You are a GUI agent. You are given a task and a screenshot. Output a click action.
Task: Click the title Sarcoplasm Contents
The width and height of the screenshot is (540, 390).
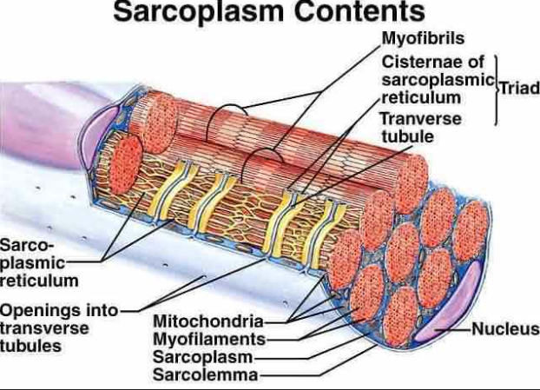click(x=269, y=13)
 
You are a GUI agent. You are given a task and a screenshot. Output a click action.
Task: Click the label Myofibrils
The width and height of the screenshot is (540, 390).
click(x=423, y=39)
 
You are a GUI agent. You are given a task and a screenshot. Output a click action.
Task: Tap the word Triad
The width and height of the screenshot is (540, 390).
click(x=519, y=89)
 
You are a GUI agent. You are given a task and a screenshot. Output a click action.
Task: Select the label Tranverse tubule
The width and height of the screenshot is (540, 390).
click(x=422, y=128)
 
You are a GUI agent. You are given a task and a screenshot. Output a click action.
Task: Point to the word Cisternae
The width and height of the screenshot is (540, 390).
click(x=421, y=63)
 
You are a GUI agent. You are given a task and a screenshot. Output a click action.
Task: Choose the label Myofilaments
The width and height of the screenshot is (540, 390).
click(x=208, y=338)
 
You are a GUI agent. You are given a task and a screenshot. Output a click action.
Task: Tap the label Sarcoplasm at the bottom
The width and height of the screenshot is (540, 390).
click(x=202, y=356)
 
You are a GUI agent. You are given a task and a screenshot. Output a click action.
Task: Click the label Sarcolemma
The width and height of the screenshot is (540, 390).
click(x=205, y=375)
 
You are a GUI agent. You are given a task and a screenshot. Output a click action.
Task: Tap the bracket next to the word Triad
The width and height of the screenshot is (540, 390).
click(x=497, y=89)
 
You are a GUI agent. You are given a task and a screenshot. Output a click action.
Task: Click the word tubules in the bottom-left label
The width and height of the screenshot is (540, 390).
click(x=31, y=345)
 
